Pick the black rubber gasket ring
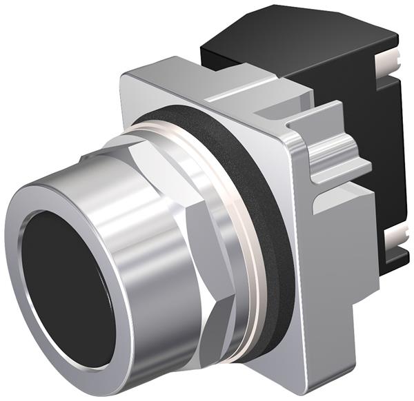[273, 227]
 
